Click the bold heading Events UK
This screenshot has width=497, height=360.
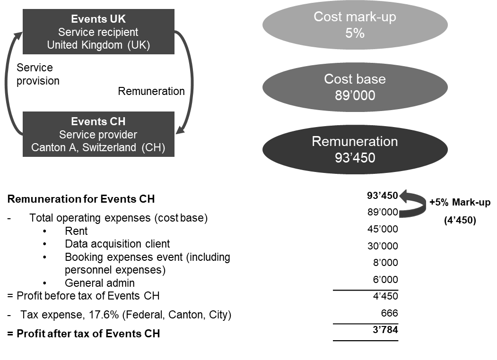[98, 19]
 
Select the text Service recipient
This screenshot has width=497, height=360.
[98, 33]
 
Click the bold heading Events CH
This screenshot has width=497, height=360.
[98, 122]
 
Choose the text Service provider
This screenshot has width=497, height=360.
[98, 135]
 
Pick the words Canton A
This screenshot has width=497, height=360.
[52, 147]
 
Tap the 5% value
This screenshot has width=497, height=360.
[355, 34]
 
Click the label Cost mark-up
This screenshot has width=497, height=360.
[355, 17]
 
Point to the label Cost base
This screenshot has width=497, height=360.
[355, 79]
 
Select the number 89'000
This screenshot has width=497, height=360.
[355, 95]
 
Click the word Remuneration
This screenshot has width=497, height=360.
[355, 141]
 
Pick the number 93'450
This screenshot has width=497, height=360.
[355, 158]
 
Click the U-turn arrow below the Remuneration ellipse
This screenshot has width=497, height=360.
[414, 204]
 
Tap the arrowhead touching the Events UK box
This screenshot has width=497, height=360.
[18, 36]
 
